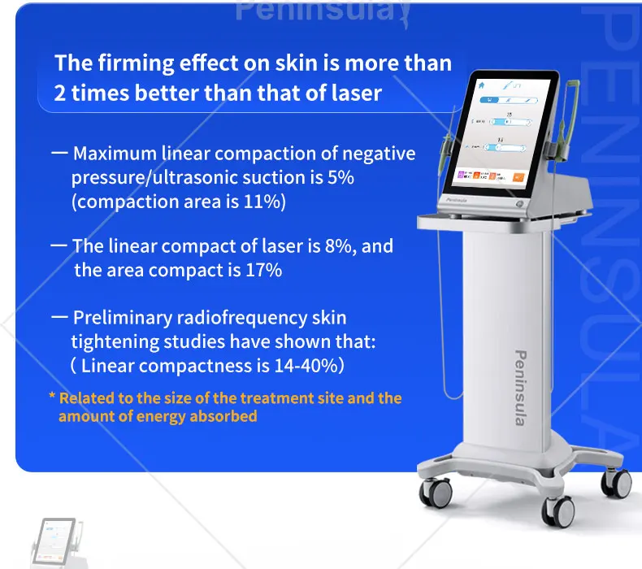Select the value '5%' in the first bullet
click(341, 177)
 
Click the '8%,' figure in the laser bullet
click(336, 245)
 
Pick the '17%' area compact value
click(263, 270)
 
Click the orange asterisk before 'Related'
click(52, 398)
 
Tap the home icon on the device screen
click(481, 84)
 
